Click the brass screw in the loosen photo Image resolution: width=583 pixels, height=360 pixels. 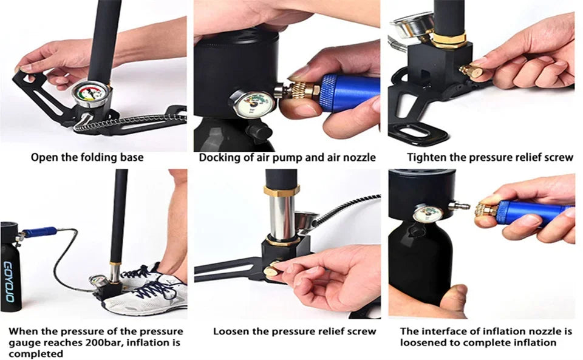pos(272,270)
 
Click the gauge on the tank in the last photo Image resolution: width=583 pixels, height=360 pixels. pos(428,214)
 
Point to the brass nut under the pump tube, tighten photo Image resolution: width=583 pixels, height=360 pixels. pos(449,40)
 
